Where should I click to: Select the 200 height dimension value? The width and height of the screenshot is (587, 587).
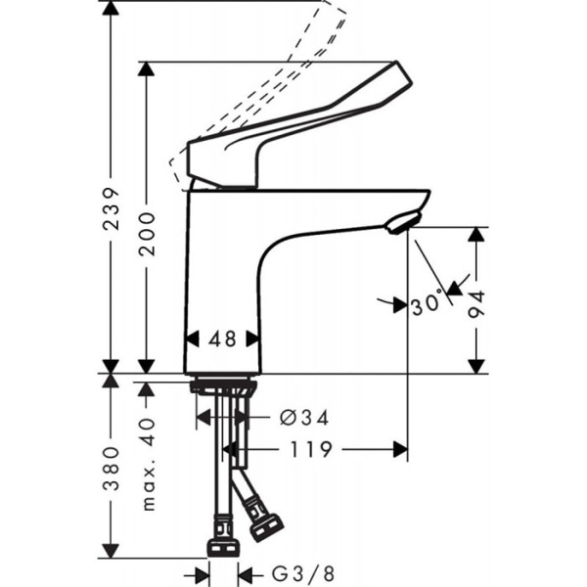click(x=148, y=233)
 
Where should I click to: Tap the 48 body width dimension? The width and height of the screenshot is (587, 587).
click(x=223, y=339)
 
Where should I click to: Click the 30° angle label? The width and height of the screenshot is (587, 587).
click(x=427, y=304)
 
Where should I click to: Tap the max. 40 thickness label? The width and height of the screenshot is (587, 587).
click(x=148, y=461)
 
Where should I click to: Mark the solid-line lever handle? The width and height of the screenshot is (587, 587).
click(x=293, y=127)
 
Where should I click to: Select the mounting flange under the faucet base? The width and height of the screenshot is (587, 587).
click(x=222, y=385)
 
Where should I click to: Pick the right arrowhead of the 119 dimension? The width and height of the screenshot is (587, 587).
click(x=400, y=449)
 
